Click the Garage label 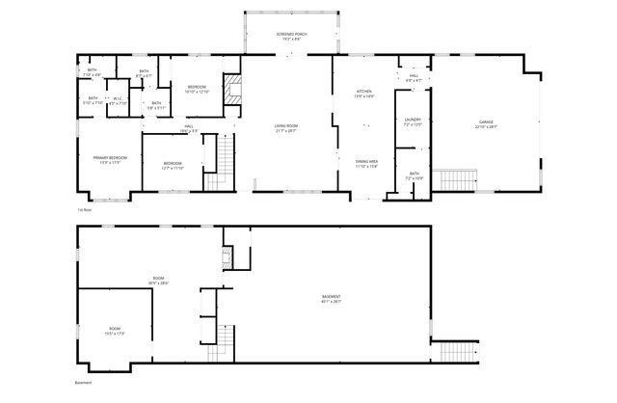(485, 125)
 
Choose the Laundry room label (412, 121)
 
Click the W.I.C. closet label (119, 100)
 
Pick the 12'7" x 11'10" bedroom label (173, 165)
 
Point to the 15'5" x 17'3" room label (114, 331)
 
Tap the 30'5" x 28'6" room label (158, 281)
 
